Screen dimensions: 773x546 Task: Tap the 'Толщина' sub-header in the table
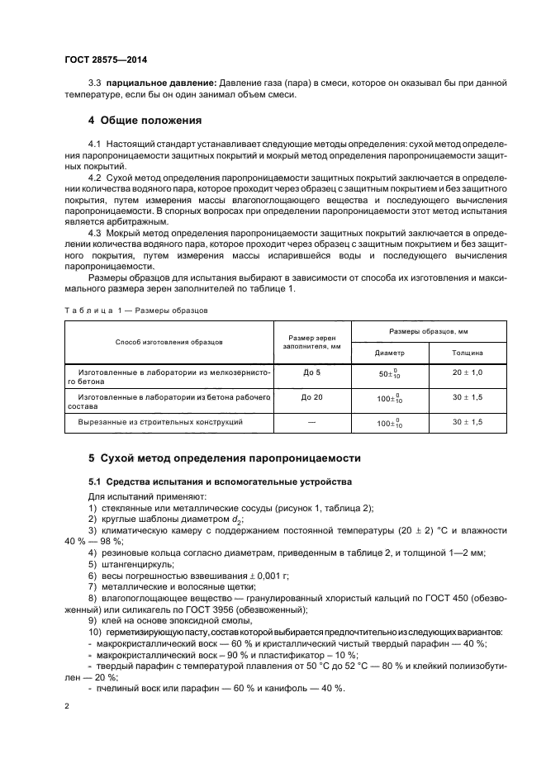click(468, 352)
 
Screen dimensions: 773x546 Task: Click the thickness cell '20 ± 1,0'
click(468, 372)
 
